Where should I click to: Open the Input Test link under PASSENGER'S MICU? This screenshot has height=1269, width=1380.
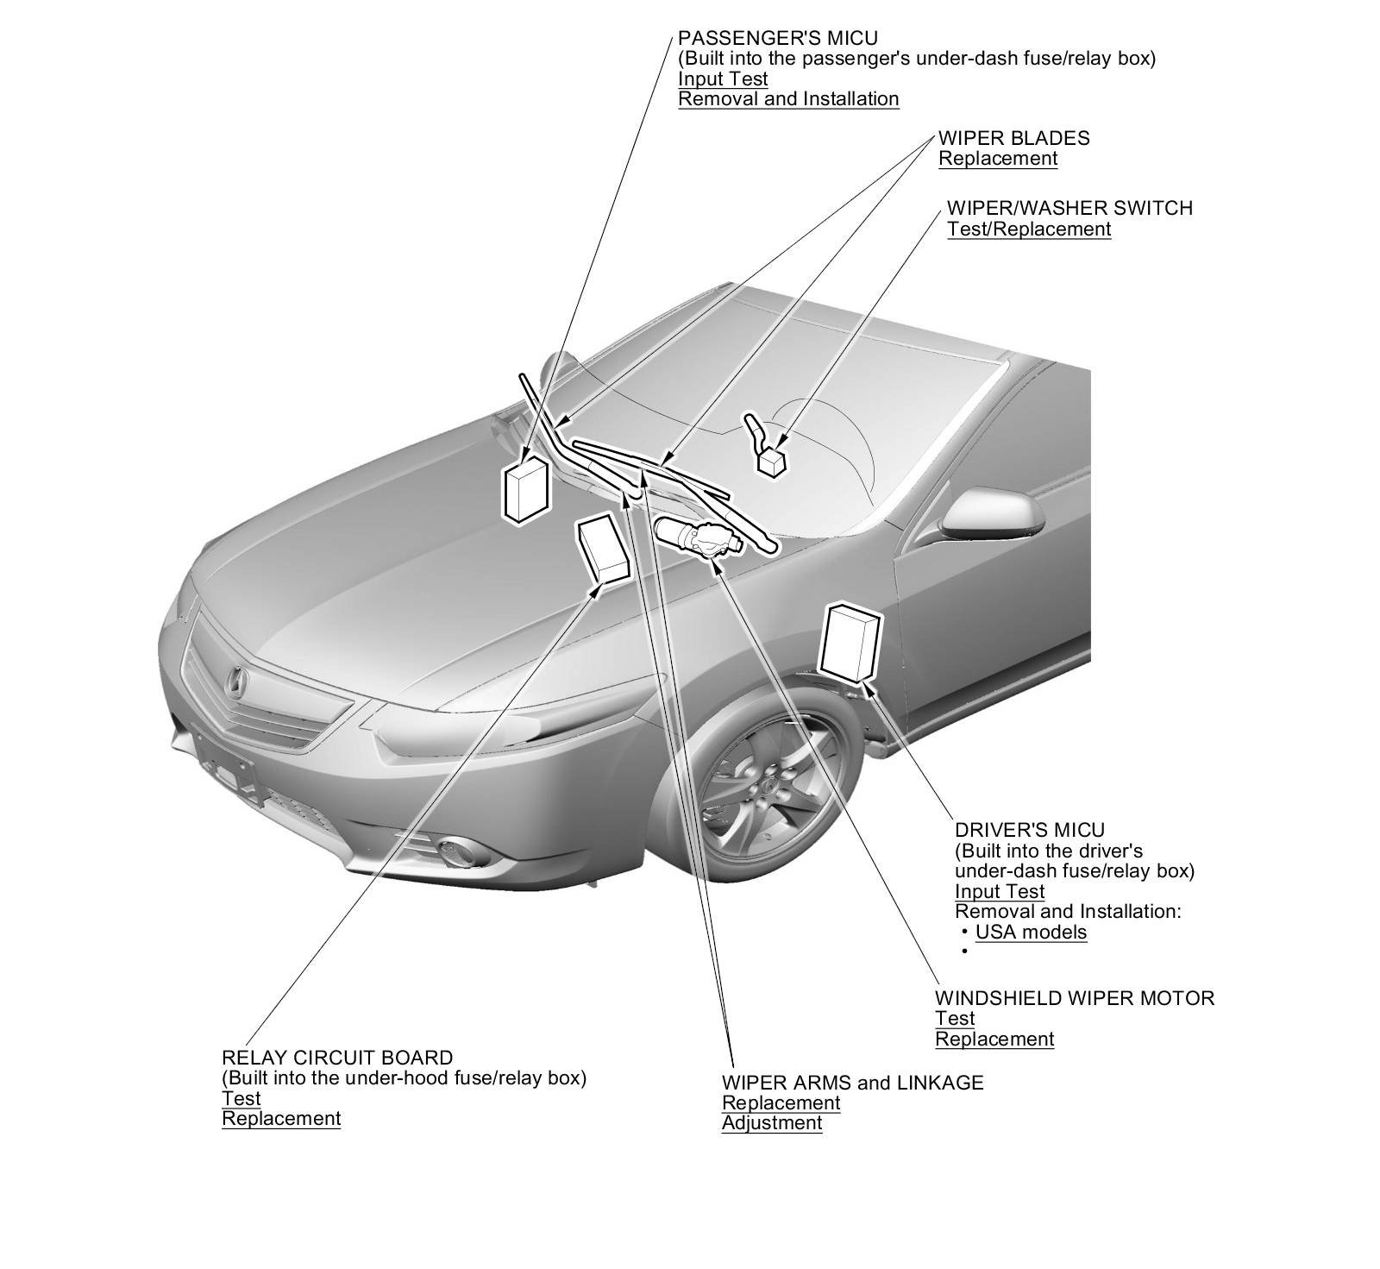coord(722,79)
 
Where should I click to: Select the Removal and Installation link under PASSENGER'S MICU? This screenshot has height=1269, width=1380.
coord(788,98)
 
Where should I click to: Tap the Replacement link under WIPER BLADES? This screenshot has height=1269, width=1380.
coord(997,159)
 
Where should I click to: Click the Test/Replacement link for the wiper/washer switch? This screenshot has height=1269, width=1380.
coord(1028,229)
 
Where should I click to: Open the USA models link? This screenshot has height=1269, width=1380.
coord(1031,932)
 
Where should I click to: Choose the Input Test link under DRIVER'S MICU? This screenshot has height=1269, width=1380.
coord(999,891)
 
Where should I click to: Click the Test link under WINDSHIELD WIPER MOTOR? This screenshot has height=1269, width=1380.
coord(955,1018)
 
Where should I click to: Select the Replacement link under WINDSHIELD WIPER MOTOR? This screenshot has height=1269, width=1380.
coord(994,1039)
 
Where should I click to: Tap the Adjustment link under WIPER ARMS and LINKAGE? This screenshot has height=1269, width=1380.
coord(771,1122)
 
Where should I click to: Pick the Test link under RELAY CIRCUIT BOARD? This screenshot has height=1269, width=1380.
coord(241,1098)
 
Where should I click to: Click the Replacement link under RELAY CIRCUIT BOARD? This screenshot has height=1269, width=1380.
coord(281,1118)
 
